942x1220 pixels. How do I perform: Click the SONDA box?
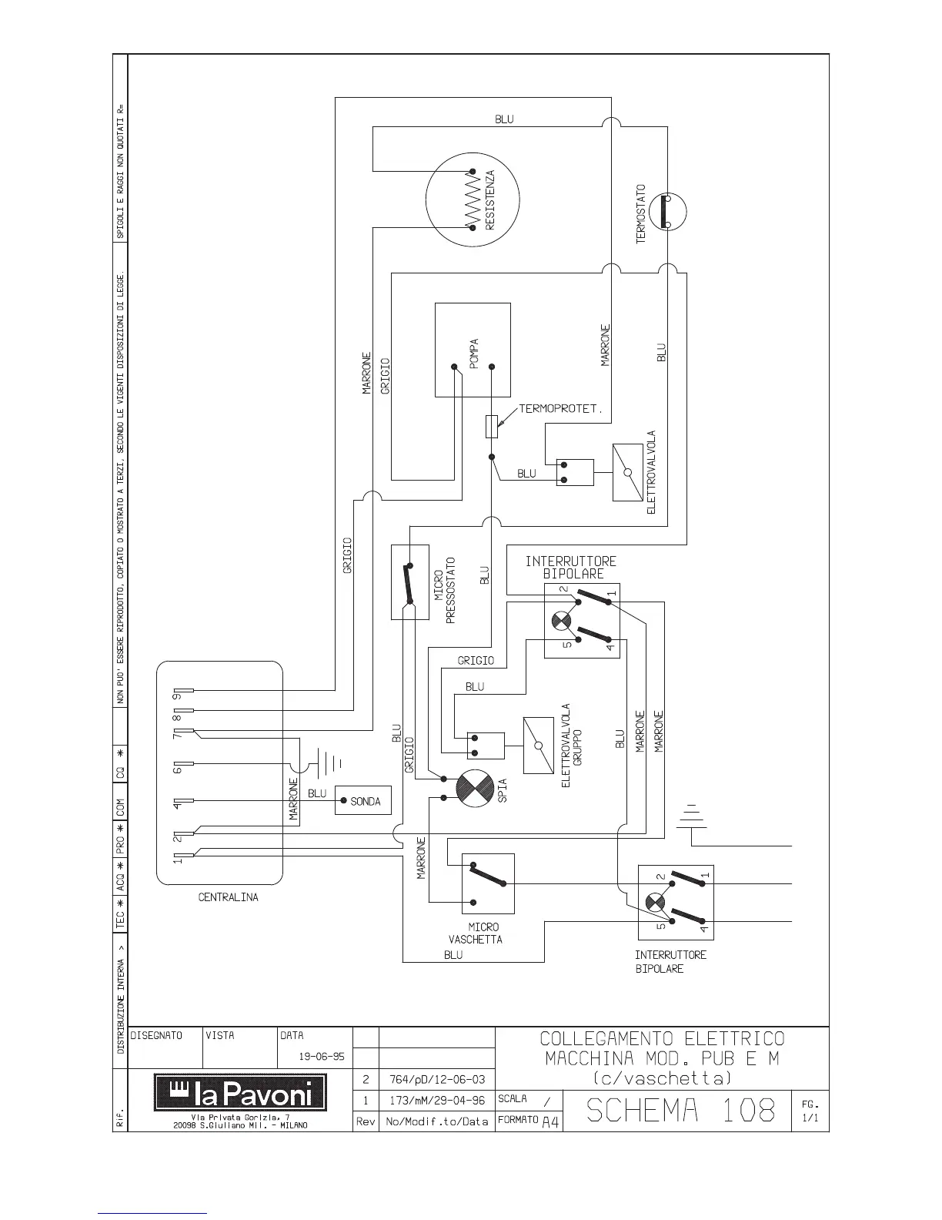364,801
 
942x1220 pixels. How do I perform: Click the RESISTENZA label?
490,200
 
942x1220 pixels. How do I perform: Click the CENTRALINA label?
229,897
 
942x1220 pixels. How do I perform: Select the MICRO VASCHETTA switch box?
487,883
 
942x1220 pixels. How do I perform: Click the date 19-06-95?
321,1056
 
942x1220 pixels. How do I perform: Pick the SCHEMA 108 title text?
680,1110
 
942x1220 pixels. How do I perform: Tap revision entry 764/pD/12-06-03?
436,1079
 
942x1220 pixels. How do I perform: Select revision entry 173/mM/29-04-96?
436,1101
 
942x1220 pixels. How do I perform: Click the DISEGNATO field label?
156,1036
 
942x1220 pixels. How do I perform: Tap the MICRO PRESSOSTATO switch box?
409,582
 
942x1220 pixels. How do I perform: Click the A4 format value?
550,1122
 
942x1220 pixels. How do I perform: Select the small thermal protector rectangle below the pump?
493,426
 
